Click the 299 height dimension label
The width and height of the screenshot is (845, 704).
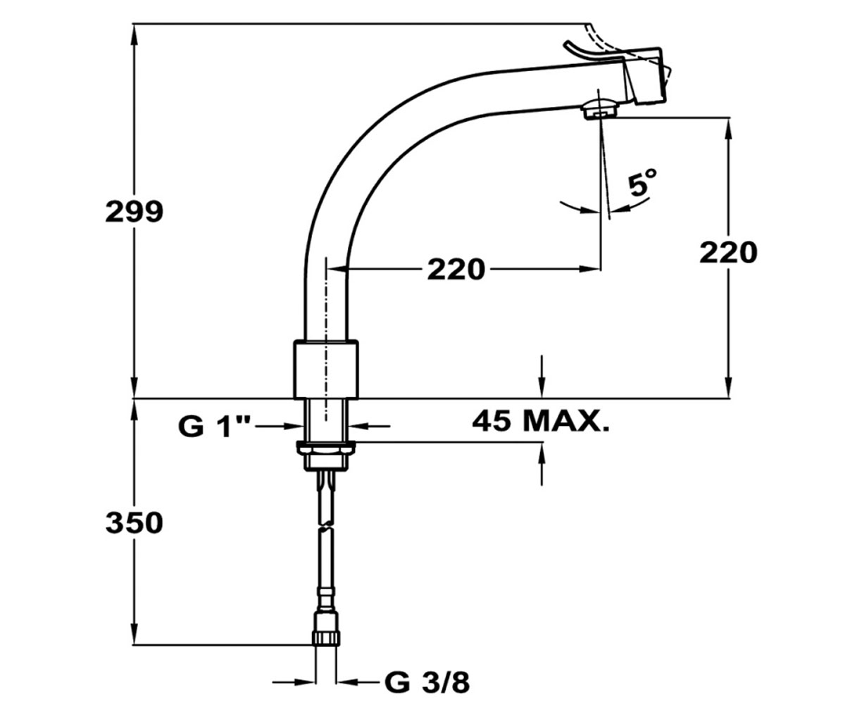click(x=134, y=211)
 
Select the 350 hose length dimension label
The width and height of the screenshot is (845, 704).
click(x=134, y=522)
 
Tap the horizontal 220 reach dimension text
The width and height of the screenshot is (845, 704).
click(x=456, y=269)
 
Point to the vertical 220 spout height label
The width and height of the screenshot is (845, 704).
click(x=728, y=253)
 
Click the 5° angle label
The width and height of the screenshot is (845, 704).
click(x=643, y=183)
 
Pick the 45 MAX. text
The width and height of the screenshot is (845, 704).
click(x=541, y=421)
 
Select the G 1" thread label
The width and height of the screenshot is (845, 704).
click(x=215, y=426)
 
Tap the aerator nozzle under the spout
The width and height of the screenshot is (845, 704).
click(x=600, y=109)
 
